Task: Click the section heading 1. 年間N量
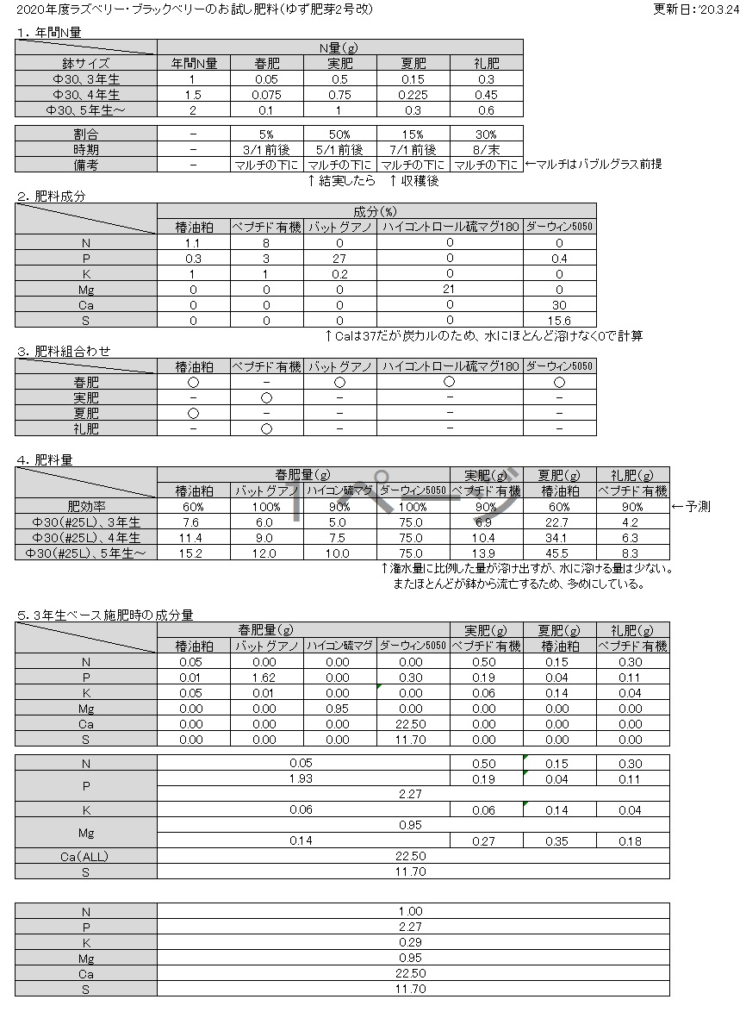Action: [48, 33]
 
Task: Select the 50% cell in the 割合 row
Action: [339, 134]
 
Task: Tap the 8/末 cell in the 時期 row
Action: [486, 149]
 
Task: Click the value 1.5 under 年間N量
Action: [194, 94]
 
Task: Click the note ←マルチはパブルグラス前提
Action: [594, 165]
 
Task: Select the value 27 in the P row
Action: [339, 258]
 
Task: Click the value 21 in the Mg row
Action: [450, 289]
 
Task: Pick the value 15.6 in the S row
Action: [560, 320]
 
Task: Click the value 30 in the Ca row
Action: [560, 304]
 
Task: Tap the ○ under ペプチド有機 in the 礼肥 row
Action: [266, 428]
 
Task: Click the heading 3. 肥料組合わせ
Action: [64, 352]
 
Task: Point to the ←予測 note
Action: [691, 507]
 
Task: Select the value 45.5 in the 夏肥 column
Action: [559, 553]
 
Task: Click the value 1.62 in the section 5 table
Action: [266, 678]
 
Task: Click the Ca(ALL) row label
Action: [85, 856]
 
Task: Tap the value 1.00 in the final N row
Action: [411, 911]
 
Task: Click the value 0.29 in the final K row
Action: [411, 942]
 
